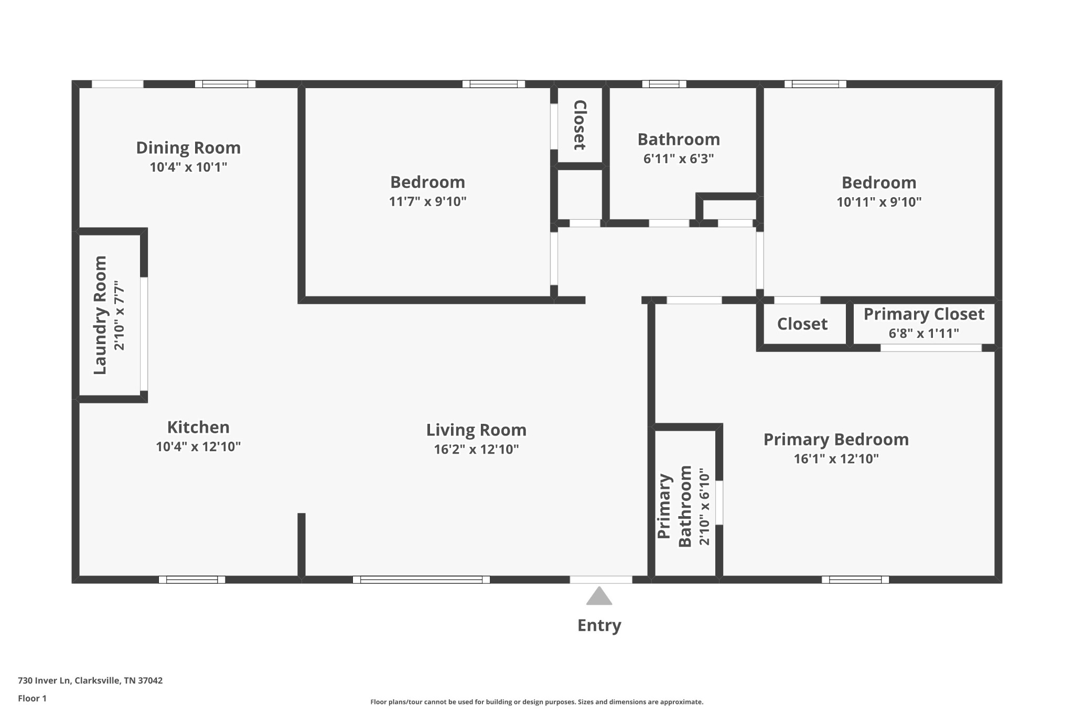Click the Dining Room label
[x=188, y=148]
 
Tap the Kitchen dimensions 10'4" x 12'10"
[x=198, y=447]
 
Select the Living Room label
[x=476, y=430]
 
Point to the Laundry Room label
[x=100, y=315]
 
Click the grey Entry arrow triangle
[x=599, y=597]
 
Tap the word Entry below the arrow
[x=599, y=625]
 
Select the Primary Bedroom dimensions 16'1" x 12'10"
[x=836, y=459]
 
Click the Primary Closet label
[x=923, y=314]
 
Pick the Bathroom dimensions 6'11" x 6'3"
[x=679, y=158]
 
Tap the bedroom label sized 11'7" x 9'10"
[x=427, y=183]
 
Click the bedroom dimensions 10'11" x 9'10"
[x=879, y=202]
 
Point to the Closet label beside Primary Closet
[x=802, y=324]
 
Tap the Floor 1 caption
[x=32, y=698]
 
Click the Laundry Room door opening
[x=144, y=334]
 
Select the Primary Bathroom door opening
[x=719, y=503]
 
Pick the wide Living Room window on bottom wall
[x=421, y=580]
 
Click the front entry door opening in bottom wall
[x=601, y=580]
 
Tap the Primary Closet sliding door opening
[x=931, y=348]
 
